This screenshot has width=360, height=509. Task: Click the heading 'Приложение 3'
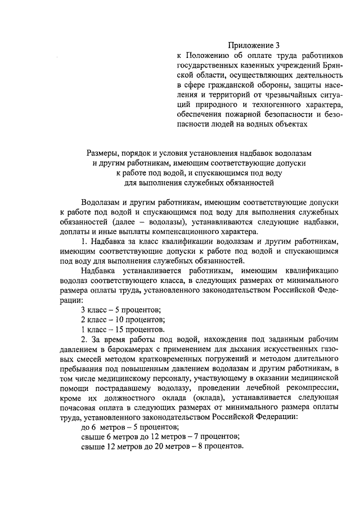[253, 45]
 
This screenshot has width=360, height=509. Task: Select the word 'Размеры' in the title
[104, 154]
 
